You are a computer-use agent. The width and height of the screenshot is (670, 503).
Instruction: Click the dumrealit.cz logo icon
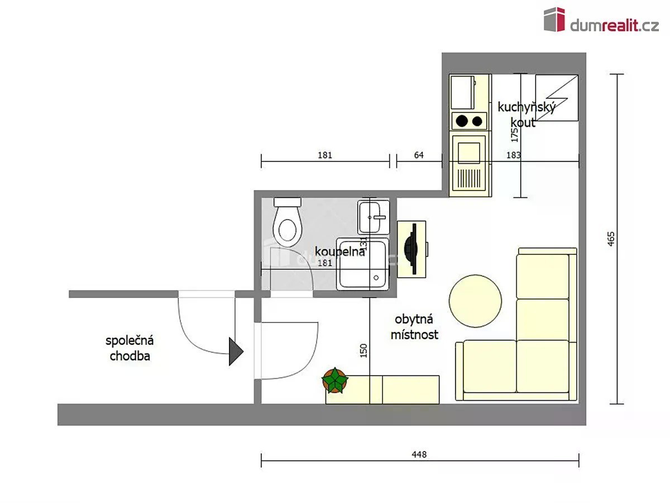(554, 20)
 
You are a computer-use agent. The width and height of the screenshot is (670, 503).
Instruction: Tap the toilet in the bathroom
(287, 222)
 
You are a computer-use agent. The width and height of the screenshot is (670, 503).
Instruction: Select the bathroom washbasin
(374, 217)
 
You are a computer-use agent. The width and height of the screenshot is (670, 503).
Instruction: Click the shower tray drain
(376, 278)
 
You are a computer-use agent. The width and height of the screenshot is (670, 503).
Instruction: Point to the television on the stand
(411, 249)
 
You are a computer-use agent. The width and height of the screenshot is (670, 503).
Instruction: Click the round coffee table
(475, 301)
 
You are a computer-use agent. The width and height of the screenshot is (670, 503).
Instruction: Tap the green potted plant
(335, 380)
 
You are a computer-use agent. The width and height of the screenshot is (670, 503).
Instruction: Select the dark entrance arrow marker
(236, 352)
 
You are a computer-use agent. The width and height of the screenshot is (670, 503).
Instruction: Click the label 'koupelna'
(339, 252)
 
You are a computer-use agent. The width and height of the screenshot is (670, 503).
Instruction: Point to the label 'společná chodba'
(130, 348)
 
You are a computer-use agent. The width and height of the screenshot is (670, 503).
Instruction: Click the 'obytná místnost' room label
(414, 327)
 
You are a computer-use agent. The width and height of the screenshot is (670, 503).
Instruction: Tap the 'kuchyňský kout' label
(527, 115)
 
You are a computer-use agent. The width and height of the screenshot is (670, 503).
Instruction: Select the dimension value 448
(419, 454)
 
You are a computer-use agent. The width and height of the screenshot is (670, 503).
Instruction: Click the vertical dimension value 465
(611, 239)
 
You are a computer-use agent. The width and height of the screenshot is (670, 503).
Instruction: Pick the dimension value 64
(419, 155)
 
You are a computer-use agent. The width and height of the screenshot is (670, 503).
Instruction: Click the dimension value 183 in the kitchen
(514, 155)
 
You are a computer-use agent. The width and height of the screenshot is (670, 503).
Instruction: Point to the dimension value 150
(363, 350)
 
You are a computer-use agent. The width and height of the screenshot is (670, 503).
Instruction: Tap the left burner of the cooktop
(462, 121)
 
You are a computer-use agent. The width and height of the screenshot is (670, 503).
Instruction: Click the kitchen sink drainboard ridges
(469, 178)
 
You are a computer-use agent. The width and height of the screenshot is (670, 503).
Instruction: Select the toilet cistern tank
(288, 202)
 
